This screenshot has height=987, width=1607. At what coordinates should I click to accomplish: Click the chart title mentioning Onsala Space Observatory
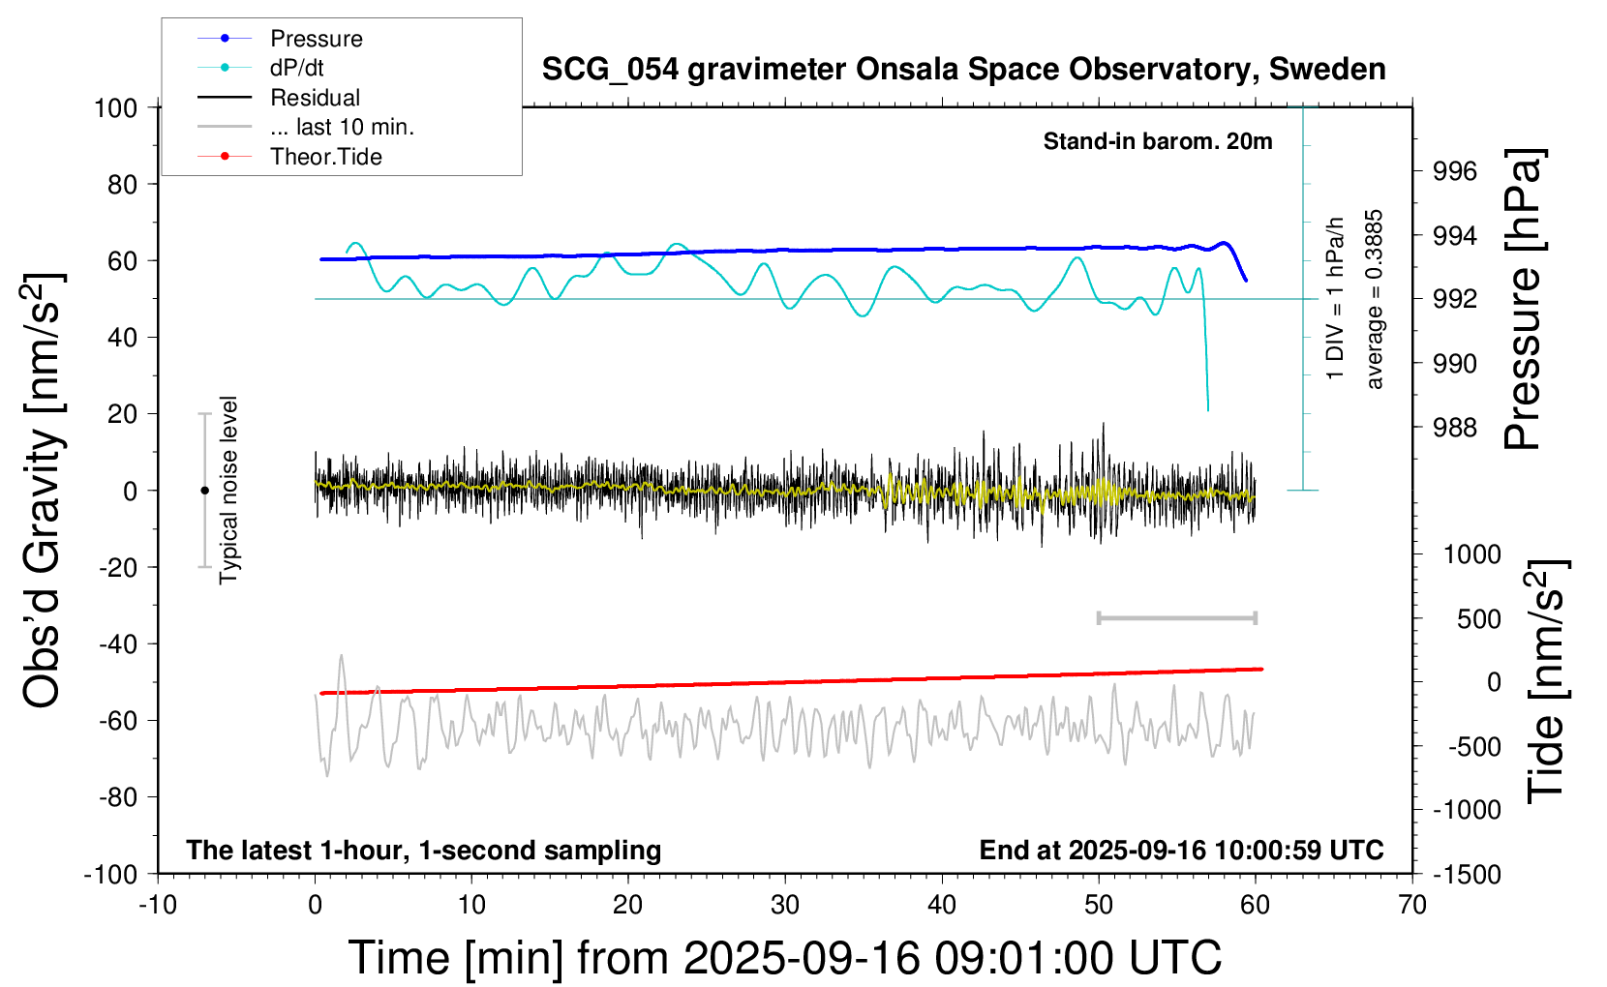[963, 70]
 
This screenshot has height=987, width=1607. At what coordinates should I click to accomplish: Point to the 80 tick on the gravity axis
[122, 184]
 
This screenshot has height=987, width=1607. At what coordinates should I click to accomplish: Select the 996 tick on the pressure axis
[1455, 171]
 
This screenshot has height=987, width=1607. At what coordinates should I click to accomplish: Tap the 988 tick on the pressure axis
[1455, 428]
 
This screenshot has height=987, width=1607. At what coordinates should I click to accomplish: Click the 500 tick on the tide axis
[1478, 618]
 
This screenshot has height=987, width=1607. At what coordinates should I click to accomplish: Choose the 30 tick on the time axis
[785, 905]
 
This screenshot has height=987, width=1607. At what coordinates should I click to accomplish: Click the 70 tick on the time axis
[1412, 905]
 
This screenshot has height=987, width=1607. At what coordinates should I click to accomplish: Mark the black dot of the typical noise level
[204, 491]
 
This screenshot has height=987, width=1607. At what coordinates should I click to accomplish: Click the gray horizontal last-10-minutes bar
[1176, 617]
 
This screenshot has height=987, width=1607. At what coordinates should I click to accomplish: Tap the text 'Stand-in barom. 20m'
[1157, 141]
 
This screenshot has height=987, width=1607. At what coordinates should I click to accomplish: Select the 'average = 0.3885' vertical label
[1375, 300]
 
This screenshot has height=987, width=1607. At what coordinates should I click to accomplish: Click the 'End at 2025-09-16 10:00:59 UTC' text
[1181, 850]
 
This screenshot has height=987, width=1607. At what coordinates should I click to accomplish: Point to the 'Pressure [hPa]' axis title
[1524, 300]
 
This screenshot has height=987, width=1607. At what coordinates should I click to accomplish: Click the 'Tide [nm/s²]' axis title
[1546, 681]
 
